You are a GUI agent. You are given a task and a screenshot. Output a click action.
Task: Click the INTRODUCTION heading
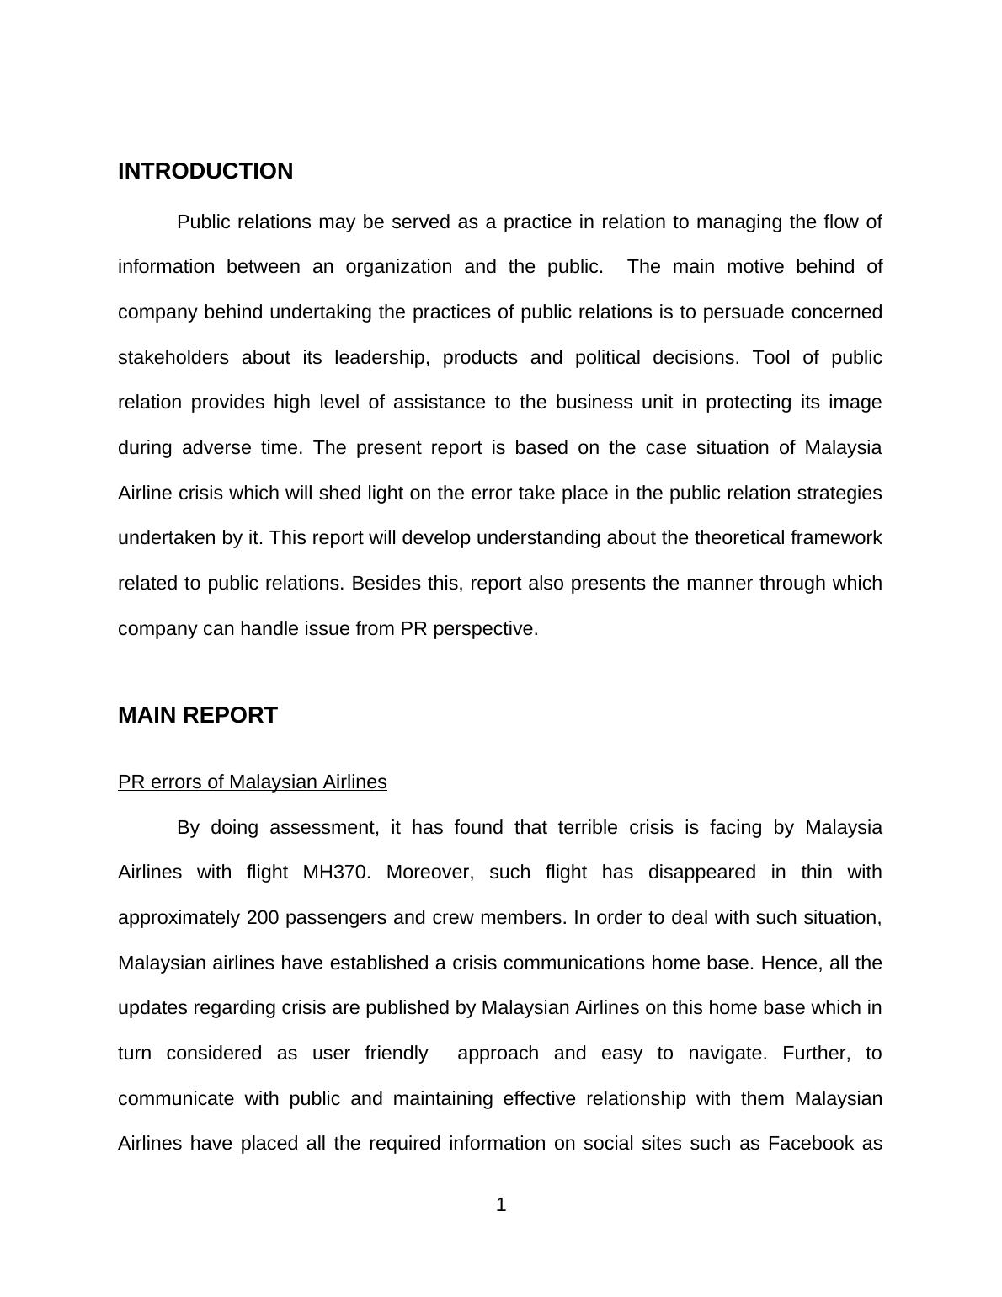pyautogui.click(x=205, y=171)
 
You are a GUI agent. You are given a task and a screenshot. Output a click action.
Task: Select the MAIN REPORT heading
pyautogui.click(x=198, y=715)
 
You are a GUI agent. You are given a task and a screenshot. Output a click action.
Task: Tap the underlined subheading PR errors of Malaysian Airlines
pyautogui.click(x=253, y=782)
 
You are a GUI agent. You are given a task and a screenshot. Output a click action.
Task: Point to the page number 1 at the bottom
pyautogui.click(x=501, y=1205)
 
